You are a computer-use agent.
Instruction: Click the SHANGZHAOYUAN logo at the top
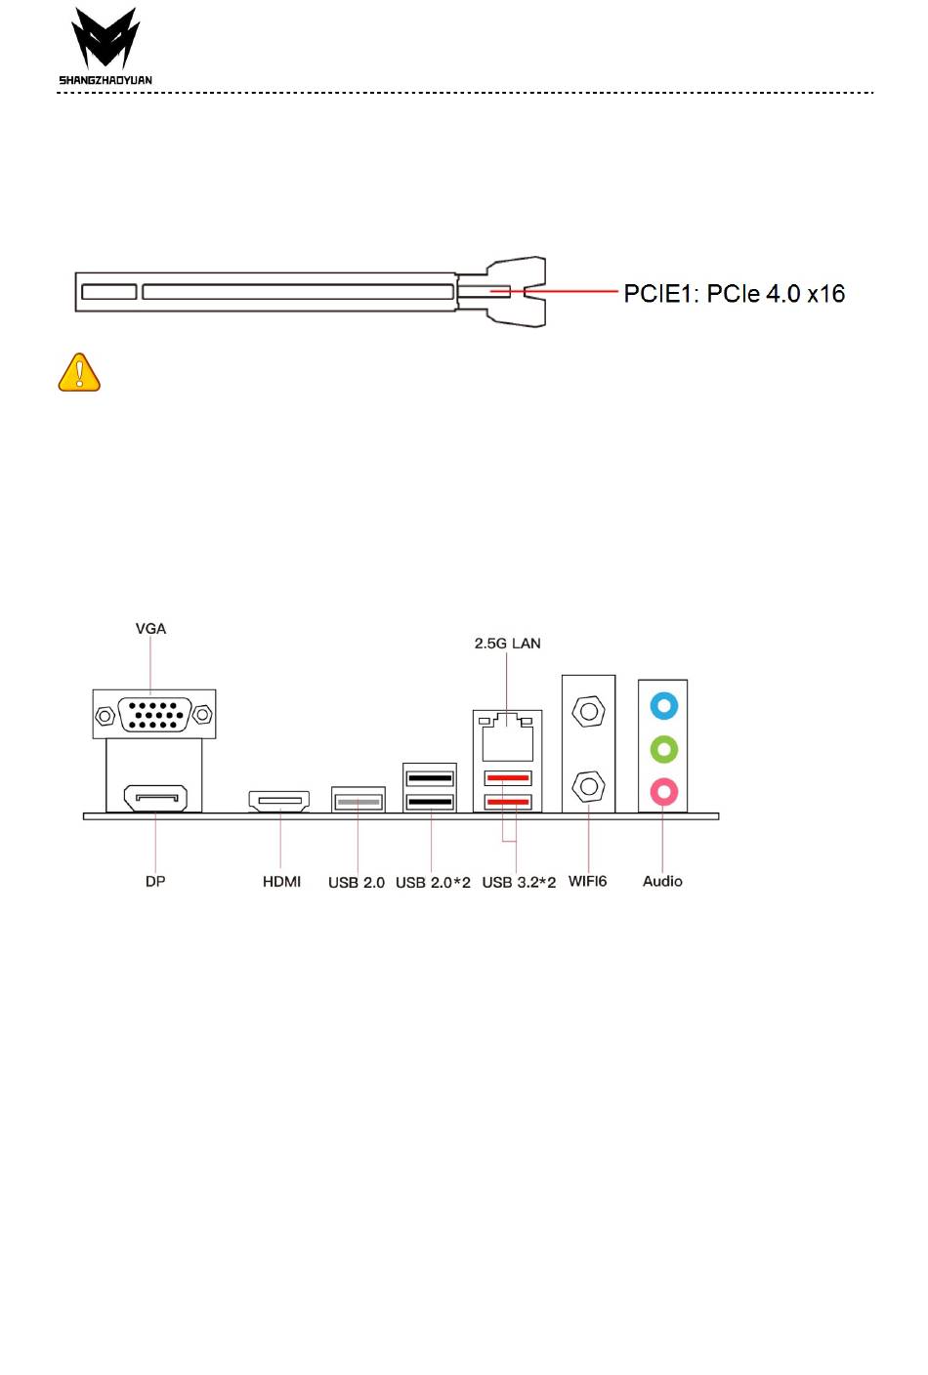105,46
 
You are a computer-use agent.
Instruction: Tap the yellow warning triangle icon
79,373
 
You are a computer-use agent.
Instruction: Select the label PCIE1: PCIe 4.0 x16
734,293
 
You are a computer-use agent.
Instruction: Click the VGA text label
150,628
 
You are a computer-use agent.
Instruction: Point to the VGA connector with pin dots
153,715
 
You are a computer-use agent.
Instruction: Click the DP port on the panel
154,799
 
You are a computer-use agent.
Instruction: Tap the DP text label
155,881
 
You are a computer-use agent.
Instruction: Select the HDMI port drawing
279,802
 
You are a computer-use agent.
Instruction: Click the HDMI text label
281,881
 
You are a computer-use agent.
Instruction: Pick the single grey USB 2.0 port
358,802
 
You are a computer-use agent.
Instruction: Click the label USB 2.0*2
433,882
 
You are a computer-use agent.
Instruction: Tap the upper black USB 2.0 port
430,778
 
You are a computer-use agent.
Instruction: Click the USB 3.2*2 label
519,882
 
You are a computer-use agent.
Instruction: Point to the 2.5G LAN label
507,643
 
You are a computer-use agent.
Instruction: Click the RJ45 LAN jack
507,737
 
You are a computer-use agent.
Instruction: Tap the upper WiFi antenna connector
588,710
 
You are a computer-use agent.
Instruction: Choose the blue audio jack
663,705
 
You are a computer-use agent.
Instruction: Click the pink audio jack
663,790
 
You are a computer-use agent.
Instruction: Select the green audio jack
663,749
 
